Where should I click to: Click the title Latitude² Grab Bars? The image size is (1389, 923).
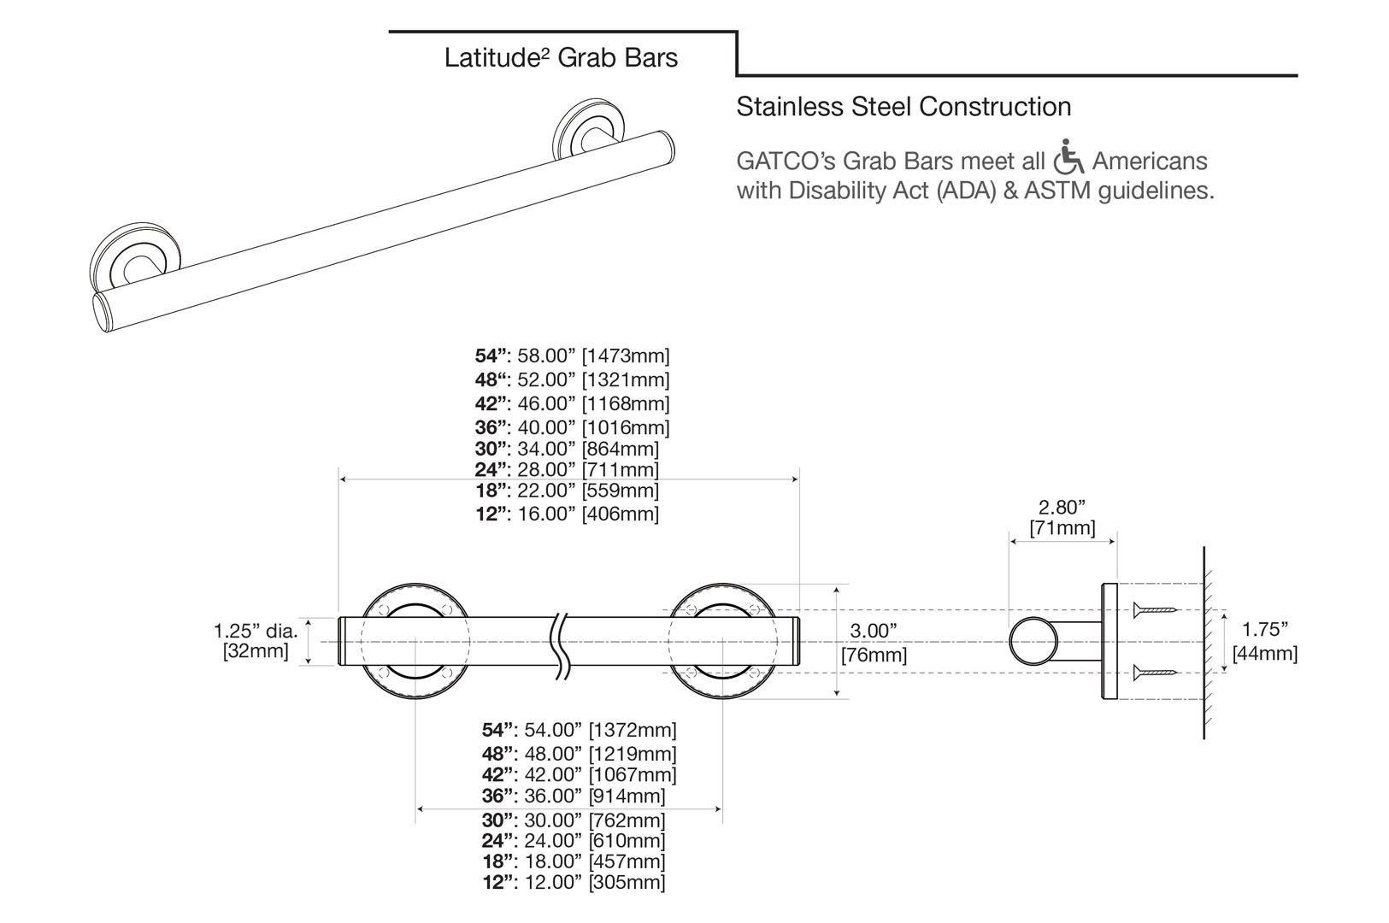[x=561, y=58]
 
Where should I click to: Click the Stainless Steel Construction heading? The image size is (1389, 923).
[x=903, y=107]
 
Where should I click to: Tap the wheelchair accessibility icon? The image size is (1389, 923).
[x=1068, y=156]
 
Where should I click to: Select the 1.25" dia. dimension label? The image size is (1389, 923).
[x=256, y=641]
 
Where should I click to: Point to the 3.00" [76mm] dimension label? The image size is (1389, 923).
[x=874, y=643]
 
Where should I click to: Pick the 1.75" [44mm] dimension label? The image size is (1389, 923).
[x=1264, y=642]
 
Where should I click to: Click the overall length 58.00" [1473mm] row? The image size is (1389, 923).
[x=572, y=356]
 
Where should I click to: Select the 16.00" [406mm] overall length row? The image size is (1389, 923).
[x=567, y=514]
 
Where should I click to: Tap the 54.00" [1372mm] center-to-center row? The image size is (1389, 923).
[x=579, y=730]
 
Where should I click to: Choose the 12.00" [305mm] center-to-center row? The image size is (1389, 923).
[x=573, y=882]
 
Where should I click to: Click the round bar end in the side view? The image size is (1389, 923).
[x=1032, y=642]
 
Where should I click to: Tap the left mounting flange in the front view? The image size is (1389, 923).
[x=415, y=641]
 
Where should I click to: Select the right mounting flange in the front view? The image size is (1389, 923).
[x=722, y=641]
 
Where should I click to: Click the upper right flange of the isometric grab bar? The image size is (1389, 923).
[x=588, y=130]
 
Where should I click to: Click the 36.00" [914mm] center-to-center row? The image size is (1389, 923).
[x=573, y=796]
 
